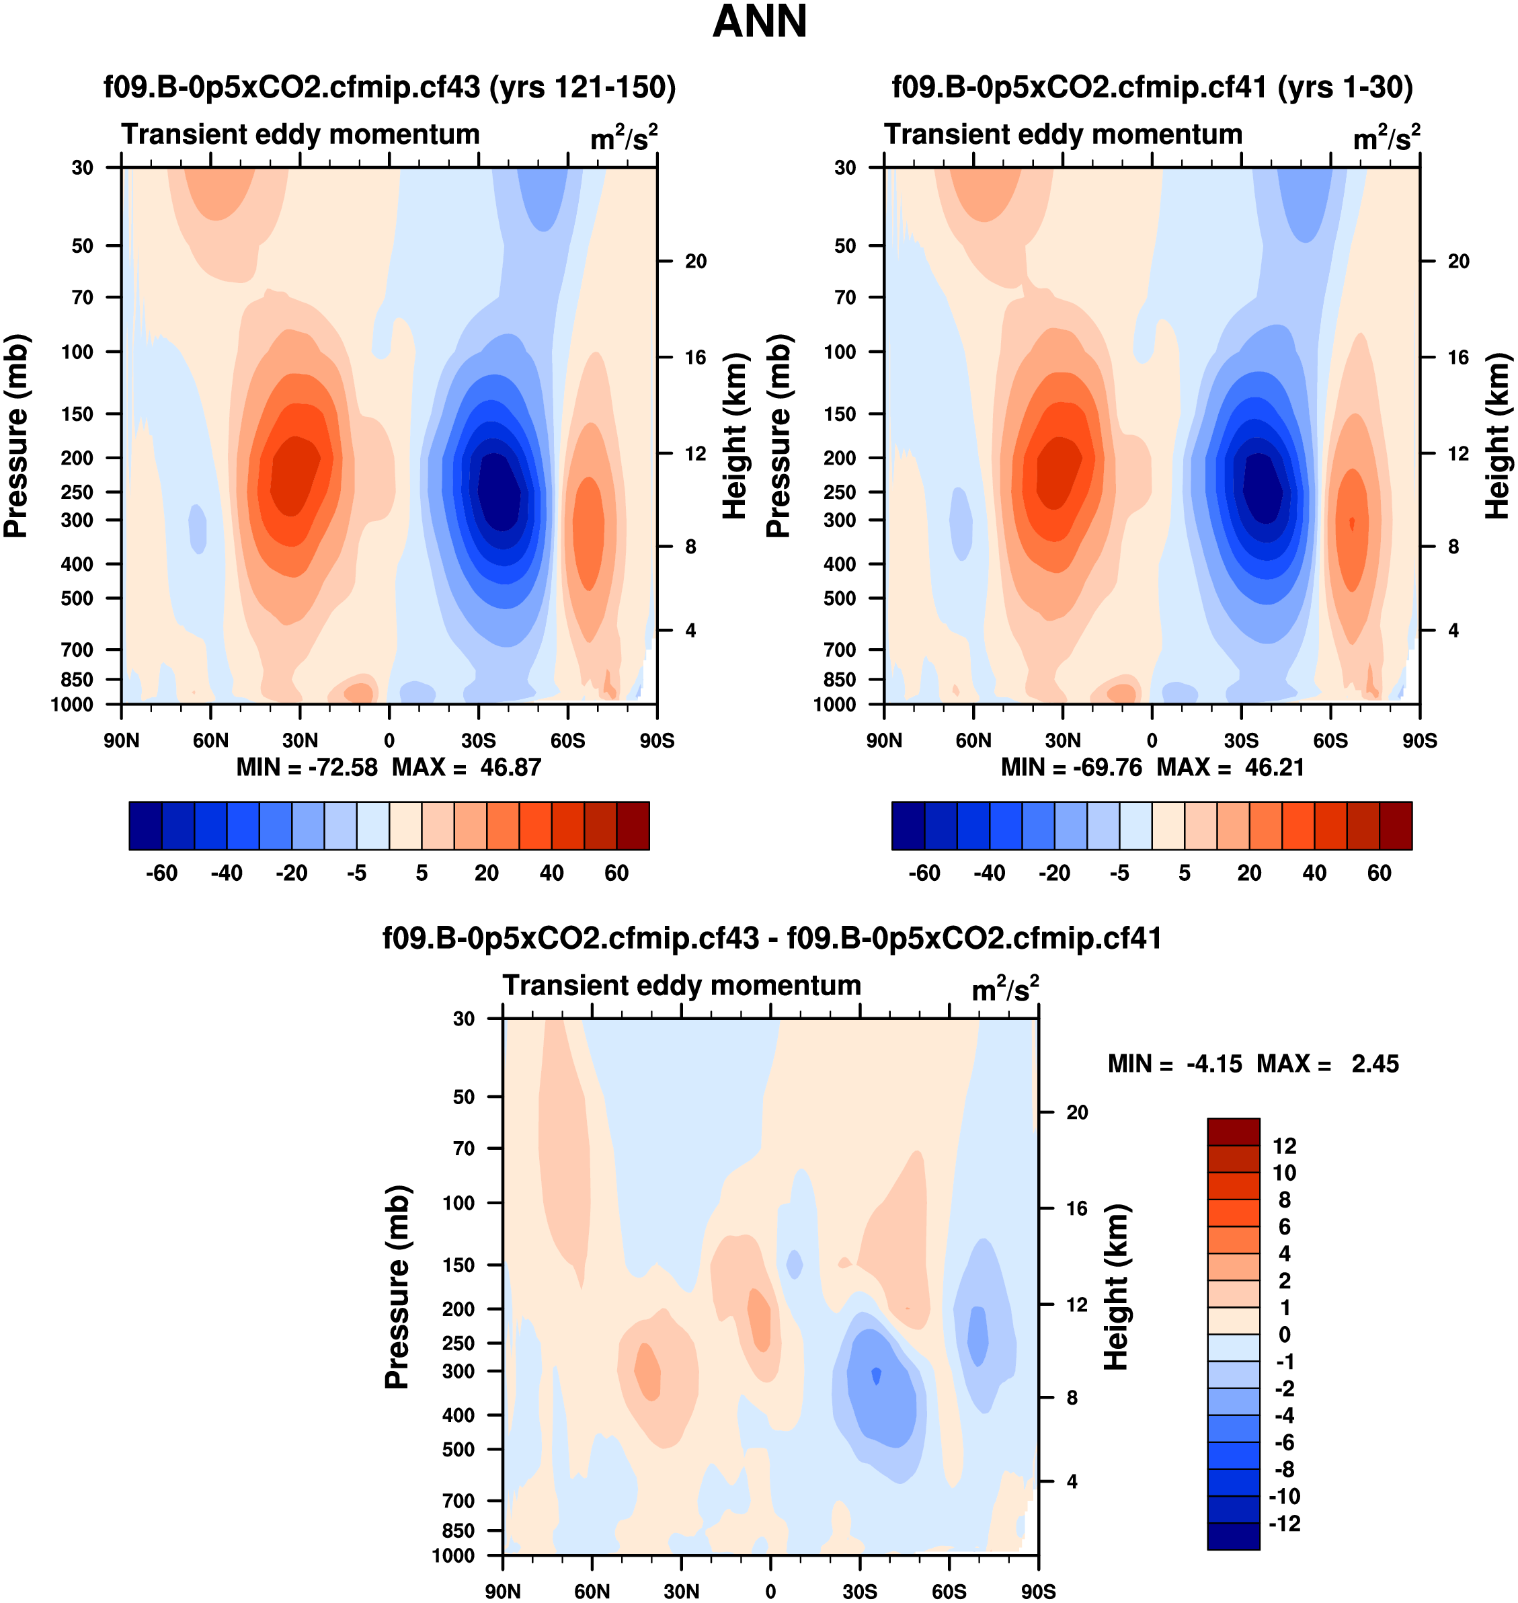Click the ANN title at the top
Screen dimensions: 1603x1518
759,22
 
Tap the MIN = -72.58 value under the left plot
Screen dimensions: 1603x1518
307,767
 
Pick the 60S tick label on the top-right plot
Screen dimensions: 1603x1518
1330,740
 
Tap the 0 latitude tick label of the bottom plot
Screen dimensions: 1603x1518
770,1591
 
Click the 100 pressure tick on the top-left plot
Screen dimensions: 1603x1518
78,352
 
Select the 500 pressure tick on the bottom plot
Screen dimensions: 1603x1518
458,1449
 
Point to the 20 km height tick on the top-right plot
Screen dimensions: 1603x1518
1458,262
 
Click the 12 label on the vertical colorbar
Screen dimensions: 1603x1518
1284,1146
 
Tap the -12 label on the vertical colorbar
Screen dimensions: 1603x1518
1284,1524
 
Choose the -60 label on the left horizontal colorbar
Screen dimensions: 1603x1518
162,873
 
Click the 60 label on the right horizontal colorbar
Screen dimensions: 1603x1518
1379,873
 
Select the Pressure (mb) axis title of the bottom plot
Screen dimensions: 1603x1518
397,1286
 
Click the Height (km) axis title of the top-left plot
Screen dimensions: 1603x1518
734,435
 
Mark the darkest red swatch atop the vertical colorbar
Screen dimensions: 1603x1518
1233,1131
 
